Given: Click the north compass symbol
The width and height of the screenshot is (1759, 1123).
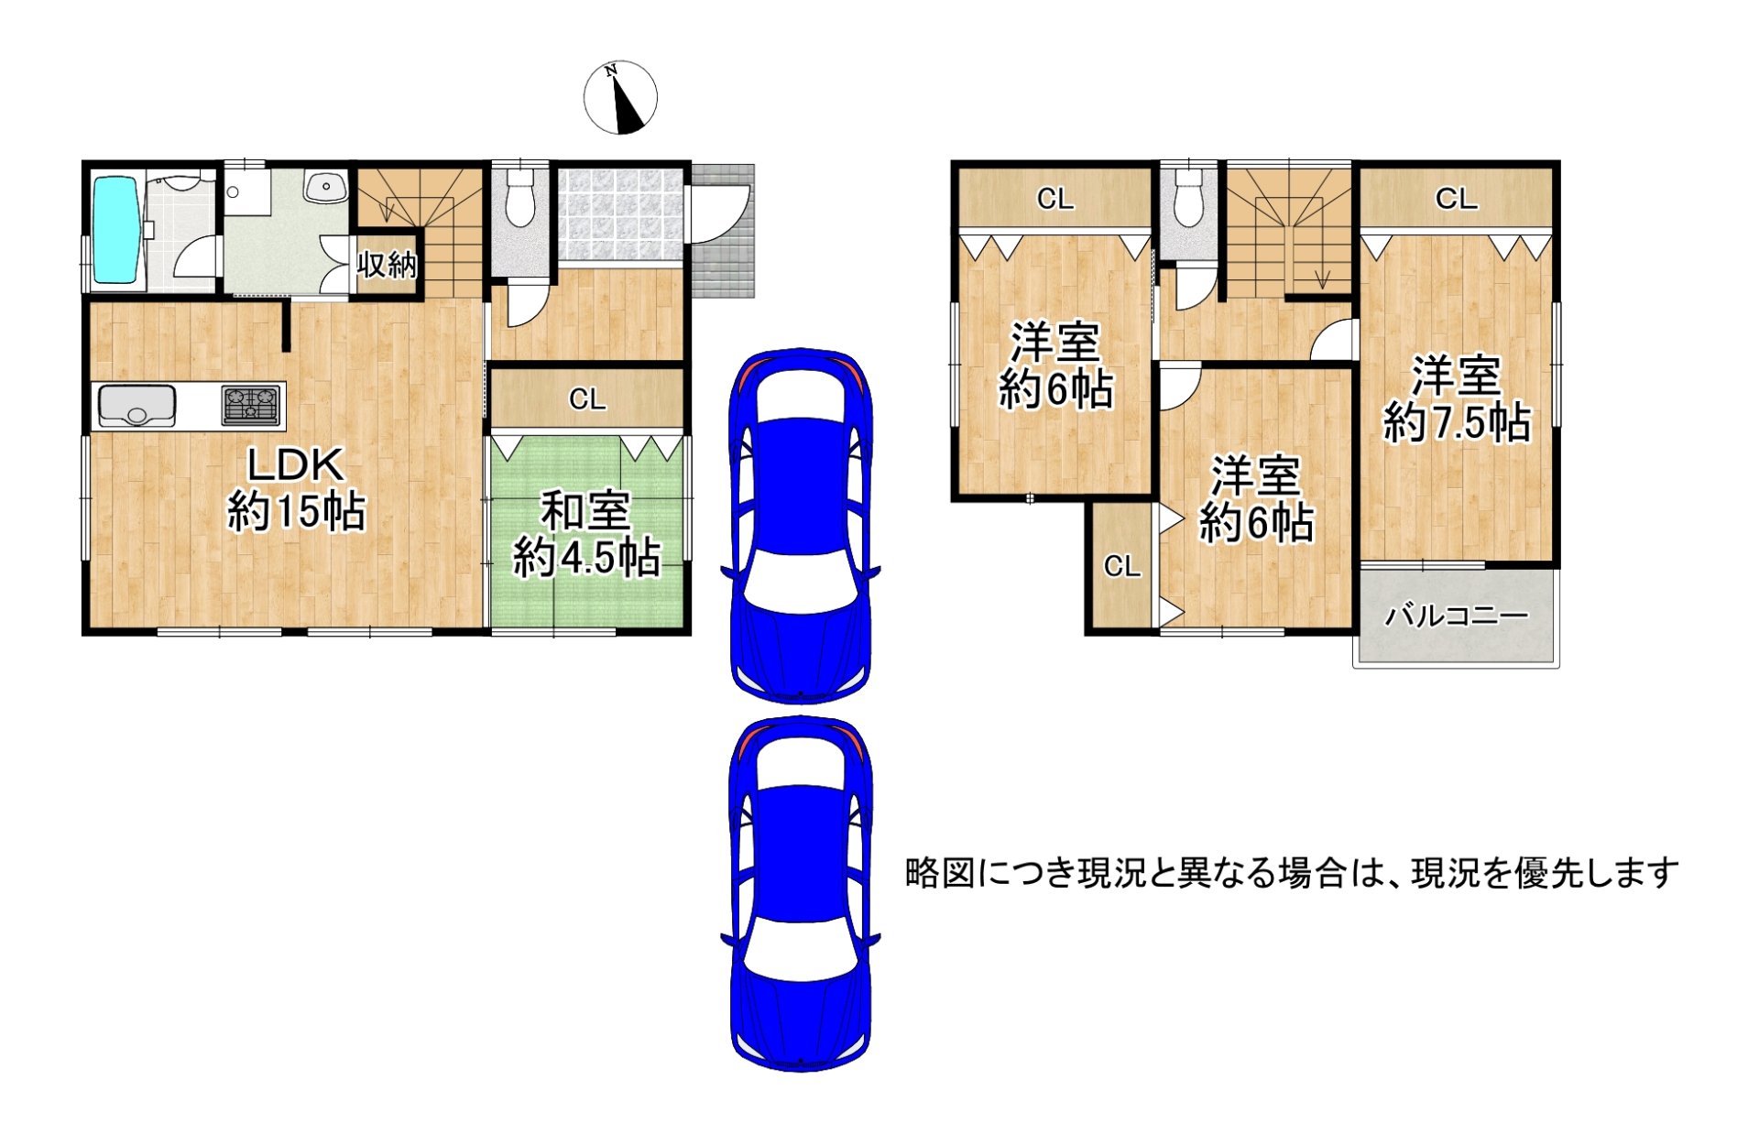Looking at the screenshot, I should click(x=620, y=97).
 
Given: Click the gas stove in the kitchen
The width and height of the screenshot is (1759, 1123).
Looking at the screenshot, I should click(x=250, y=405).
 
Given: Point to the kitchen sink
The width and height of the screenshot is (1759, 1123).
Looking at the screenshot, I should click(x=137, y=405).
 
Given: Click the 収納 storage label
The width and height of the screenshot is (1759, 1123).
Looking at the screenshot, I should click(x=388, y=265).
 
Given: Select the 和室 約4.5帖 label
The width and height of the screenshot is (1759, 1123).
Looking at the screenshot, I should click(x=586, y=534).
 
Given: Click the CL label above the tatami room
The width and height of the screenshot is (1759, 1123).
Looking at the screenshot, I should click(x=587, y=398).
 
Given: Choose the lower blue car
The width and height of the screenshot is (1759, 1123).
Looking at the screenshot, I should click(x=800, y=893).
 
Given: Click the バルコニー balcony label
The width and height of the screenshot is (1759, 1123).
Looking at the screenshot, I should click(x=1456, y=616).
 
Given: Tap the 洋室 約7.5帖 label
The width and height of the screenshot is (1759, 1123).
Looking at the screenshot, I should click(x=1456, y=399).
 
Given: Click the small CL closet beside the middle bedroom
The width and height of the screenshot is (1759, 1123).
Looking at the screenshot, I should click(x=1121, y=566).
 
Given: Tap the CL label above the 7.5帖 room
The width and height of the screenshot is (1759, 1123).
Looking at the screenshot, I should click(x=1456, y=199).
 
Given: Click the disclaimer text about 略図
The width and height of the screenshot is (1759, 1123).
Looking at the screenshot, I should click(x=1292, y=873).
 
